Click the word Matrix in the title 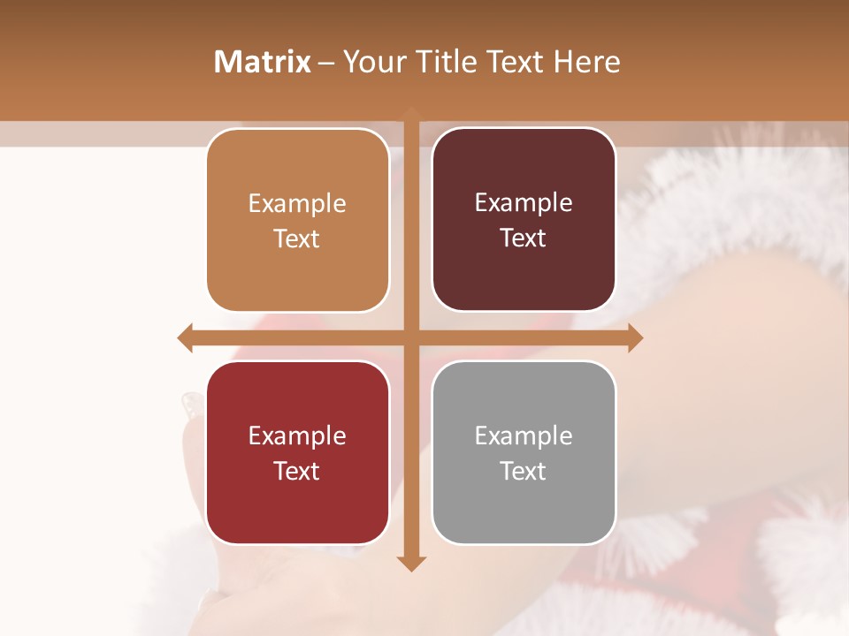click(x=263, y=62)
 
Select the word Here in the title click(x=586, y=62)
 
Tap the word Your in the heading click(x=372, y=62)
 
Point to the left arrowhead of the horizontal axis click(x=185, y=337)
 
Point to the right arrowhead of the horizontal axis click(x=635, y=337)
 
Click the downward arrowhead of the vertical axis click(x=410, y=563)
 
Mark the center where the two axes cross click(x=410, y=337)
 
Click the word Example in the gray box click(x=524, y=435)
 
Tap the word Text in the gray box click(x=524, y=471)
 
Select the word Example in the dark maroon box click(x=524, y=202)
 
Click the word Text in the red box click(x=297, y=471)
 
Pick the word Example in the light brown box click(x=297, y=203)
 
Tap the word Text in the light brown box click(x=297, y=238)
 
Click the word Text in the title click(x=515, y=62)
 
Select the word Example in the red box click(x=297, y=435)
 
